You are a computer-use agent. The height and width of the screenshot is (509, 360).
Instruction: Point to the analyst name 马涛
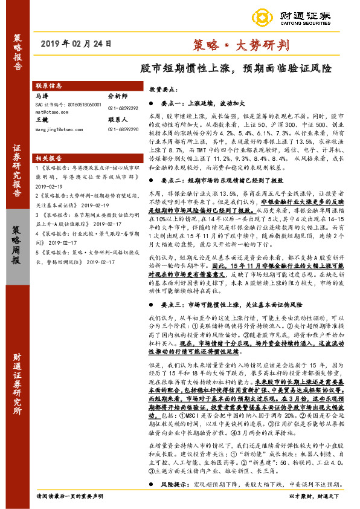(x=42, y=96)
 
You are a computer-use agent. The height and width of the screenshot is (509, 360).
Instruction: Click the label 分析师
(x=118, y=96)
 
